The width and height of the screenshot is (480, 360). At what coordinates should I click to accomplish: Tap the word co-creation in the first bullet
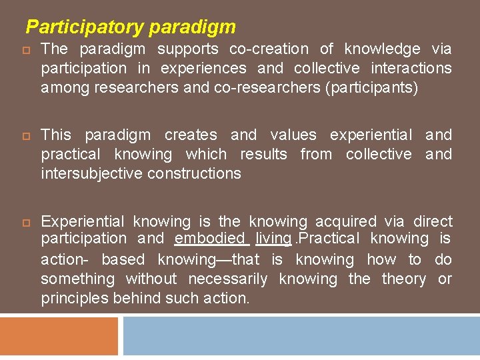click(269, 49)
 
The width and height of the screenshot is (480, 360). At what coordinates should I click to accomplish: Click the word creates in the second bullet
click(191, 135)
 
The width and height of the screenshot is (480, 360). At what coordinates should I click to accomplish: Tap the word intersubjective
click(92, 173)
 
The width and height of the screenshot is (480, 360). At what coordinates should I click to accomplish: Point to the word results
click(263, 154)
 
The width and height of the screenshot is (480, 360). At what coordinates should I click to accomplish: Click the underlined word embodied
click(210, 238)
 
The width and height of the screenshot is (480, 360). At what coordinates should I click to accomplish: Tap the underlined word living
click(273, 238)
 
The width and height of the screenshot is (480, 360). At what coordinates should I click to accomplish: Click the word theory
click(403, 279)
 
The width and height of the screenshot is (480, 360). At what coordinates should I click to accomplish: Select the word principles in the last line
click(75, 298)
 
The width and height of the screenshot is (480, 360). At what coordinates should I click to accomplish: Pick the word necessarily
click(228, 279)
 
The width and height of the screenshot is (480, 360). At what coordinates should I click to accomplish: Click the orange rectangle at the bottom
click(59, 336)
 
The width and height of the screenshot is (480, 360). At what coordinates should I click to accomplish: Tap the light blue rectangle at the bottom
click(301, 336)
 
